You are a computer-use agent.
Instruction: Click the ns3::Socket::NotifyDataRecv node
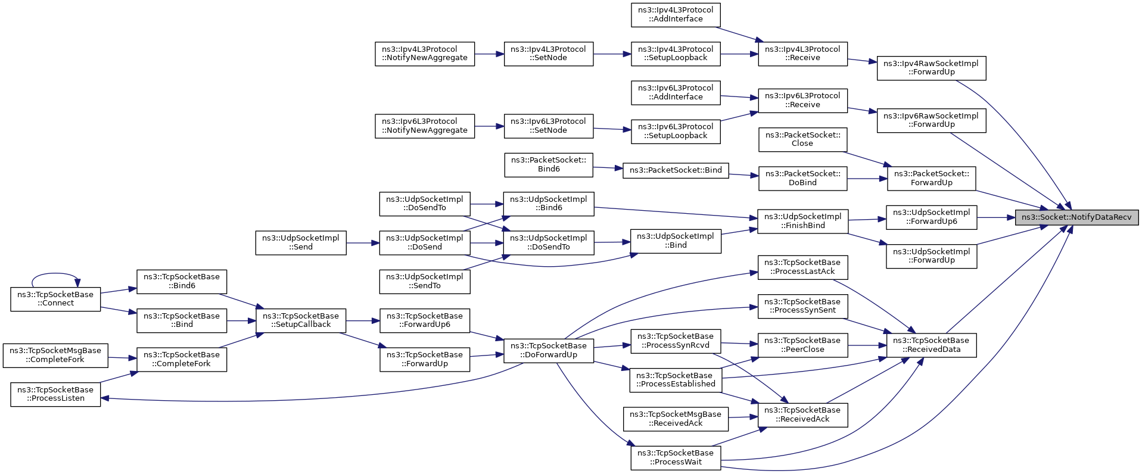click(x=1077, y=217)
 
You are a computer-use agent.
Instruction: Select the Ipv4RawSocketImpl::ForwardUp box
click(x=931, y=68)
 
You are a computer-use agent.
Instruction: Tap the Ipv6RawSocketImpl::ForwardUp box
click(x=931, y=120)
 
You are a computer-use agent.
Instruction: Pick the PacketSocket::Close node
click(x=802, y=139)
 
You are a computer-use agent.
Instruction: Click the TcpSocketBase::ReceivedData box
click(x=931, y=345)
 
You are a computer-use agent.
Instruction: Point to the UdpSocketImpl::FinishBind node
click(x=802, y=221)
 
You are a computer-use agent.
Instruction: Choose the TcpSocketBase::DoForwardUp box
click(x=549, y=350)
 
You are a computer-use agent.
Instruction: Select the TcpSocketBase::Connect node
click(x=55, y=299)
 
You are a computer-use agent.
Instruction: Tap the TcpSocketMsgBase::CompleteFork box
click(x=55, y=355)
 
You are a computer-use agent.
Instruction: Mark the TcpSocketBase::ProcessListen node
click(x=55, y=394)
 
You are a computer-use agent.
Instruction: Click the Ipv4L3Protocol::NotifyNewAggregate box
click(x=425, y=54)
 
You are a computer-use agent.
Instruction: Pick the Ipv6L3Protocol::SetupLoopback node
click(x=676, y=131)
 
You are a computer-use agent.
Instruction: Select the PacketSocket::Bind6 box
click(x=549, y=165)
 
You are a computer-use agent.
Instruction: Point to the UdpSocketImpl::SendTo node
click(x=425, y=282)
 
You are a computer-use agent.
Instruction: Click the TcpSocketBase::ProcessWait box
click(x=676, y=457)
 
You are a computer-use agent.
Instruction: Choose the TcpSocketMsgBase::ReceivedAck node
click(x=676, y=419)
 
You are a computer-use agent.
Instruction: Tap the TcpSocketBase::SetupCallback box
click(x=301, y=320)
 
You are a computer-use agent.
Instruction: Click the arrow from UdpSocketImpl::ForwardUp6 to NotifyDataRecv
click(x=996, y=217)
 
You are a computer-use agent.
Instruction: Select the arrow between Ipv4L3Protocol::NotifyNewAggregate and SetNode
click(x=489, y=54)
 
